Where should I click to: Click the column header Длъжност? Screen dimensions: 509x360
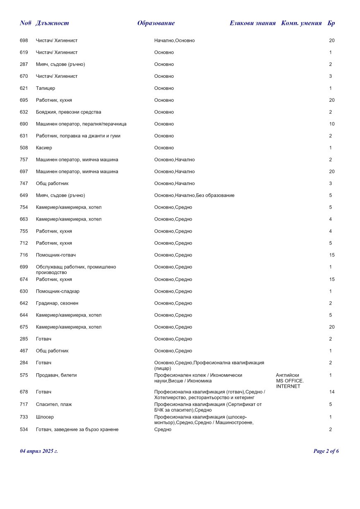pyautogui.click(x=52, y=23)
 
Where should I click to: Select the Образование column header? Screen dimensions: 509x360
pyautogui.click(x=156, y=23)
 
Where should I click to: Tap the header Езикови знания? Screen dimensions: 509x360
pyautogui.click(x=252, y=23)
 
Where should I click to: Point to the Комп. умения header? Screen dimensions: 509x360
pyautogui.click(x=301, y=23)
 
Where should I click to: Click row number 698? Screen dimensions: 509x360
pyautogui.click(x=24, y=41)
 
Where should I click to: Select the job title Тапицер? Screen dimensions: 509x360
pyautogui.click(x=46, y=88)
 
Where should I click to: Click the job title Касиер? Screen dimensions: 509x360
pyautogui.click(x=44, y=148)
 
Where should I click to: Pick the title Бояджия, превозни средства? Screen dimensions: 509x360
pyautogui.click(x=68, y=112)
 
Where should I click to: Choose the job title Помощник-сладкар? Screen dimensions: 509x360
pyautogui.click(x=58, y=291)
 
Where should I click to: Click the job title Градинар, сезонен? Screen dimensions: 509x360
pyautogui.click(x=57, y=303)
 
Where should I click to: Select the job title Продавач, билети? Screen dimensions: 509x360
pyautogui.click(x=56, y=375)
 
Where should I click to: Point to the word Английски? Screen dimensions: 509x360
pyautogui.click(x=287, y=375)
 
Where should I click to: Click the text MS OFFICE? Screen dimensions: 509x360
pyautogui.click(x=290, y=381)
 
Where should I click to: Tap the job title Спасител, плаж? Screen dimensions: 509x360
pyautogui.click(x=54, y=404)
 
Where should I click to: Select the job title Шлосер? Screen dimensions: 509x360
pyautogui.click(x=45, y=417)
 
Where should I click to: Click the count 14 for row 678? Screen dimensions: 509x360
pyautogui.click(x=331, y=392)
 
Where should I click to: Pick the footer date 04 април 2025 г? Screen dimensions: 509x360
pyautogui.click(x=39, y=451)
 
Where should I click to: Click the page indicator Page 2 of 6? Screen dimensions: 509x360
pyautogui.click(x=326, y=451)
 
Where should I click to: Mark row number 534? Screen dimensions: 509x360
pyautogui.click(x=24, y=430)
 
